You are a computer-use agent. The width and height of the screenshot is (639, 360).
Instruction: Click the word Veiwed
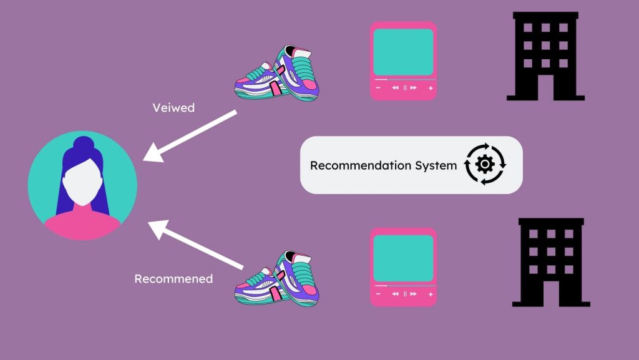[173, 107]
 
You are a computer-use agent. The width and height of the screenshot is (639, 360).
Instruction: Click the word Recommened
[173, 278]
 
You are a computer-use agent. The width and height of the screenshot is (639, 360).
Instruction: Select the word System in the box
[436, 166]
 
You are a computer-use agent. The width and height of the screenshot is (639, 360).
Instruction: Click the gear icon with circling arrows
[485, 164]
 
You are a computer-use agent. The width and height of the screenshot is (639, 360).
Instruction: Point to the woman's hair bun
[84, 145]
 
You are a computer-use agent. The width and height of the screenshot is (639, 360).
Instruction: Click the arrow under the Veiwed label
[190, 136]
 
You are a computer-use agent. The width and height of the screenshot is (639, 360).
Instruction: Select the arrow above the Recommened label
[195, 245]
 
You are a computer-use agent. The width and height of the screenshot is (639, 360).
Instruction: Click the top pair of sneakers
[276, 73]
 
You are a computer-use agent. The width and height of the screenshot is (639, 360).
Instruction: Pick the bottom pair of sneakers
[276, 278]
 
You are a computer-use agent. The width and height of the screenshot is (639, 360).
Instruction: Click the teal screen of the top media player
[403, 52]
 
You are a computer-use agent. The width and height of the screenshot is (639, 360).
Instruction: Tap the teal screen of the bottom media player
[403, 258]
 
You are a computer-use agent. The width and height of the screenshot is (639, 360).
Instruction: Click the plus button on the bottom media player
[431, 294]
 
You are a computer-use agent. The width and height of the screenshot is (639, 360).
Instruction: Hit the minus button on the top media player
[378, 88]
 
